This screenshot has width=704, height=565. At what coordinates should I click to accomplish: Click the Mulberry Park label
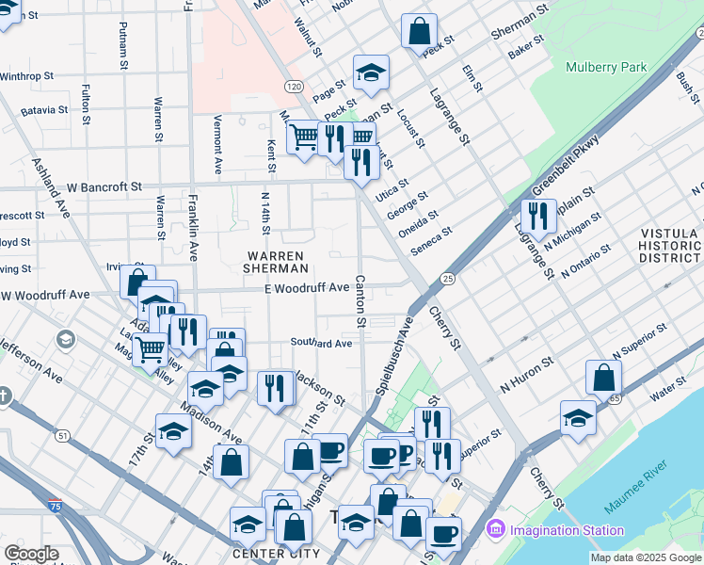point(606,67)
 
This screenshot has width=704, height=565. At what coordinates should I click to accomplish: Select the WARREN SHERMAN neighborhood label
point(275,262)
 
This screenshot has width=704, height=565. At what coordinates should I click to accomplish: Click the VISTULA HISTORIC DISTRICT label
point(670,245)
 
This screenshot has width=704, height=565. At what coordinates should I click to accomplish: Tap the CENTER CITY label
point(273,553)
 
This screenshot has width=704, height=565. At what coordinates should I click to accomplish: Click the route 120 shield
point(294,86)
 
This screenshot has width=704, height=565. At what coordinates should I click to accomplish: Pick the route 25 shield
point(448,279)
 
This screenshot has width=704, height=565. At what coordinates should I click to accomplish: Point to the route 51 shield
point(62,436)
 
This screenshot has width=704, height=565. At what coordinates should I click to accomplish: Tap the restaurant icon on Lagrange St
point(538,216)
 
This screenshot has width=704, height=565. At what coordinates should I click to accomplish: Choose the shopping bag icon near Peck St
point(418,30)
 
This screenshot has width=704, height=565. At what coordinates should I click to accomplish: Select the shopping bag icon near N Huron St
point(603,377)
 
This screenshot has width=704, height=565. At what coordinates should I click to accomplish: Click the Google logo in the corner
point(30,554)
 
